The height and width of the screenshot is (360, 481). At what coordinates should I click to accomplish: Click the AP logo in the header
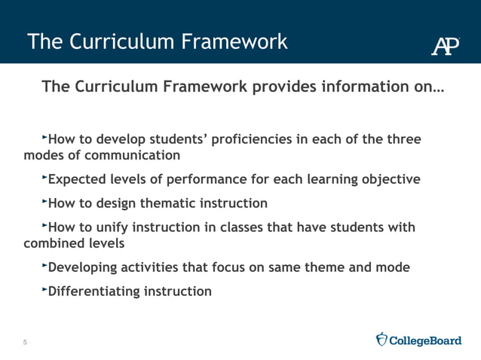tap(446, 45)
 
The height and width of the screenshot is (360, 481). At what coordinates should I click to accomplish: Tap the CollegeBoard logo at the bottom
tap(418, 340)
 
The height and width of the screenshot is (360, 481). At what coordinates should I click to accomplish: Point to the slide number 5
tap(25, 343)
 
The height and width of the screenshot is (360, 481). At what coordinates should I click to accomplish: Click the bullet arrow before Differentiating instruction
tap(44, 288)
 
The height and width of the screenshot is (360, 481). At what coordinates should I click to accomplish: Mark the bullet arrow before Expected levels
tap(44, 178)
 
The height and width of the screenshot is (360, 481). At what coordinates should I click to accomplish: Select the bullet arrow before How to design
tap(44, 201)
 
